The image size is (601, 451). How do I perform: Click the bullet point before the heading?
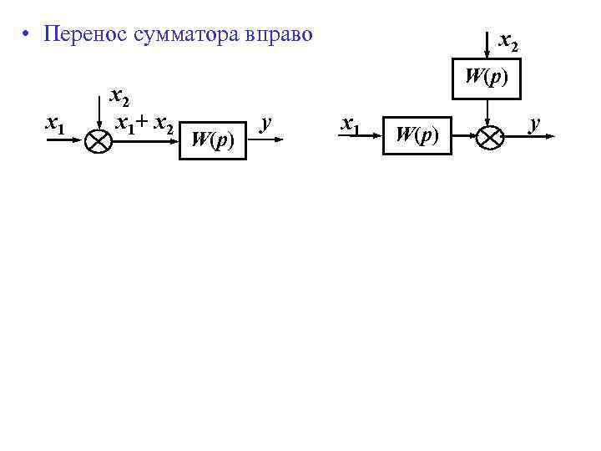pos(28,36)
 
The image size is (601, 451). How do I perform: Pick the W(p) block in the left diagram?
pos(212,139)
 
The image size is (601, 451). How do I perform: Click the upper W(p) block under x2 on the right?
pos(487,78)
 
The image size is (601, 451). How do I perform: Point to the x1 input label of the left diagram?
pos(56,124)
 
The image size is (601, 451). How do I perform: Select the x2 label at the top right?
pos(508,40)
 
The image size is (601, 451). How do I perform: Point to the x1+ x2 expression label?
pos(144,124)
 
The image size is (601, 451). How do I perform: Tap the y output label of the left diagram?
pos(266,123)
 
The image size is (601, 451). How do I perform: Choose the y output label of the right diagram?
pos(536,123)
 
